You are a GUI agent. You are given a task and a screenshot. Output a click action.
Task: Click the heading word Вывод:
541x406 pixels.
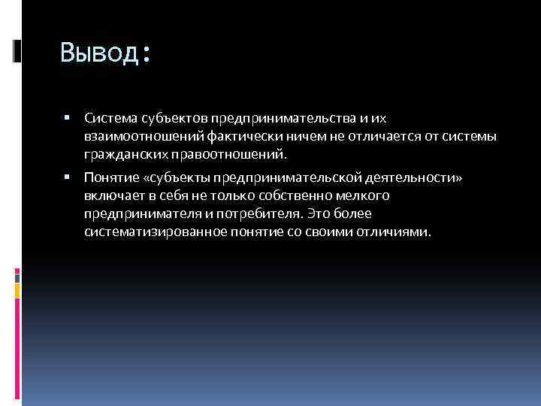[x=105, y=53]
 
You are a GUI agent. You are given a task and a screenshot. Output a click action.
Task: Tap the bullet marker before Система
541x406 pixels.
[x=68, y=118]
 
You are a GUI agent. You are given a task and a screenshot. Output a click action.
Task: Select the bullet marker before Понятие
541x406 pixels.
[x=68, y=178]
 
